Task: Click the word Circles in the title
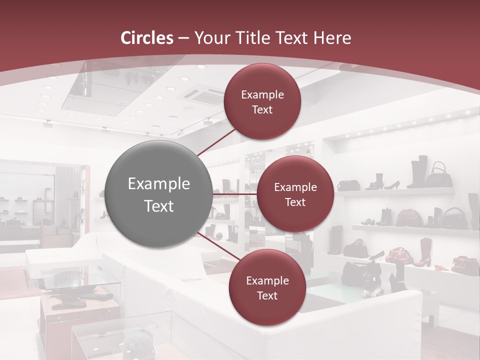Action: pos(147,38)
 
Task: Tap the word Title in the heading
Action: pos(249,38)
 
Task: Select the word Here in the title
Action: pos(332,38)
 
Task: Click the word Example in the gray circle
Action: pos(159,184)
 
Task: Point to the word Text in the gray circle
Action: pos(159,206)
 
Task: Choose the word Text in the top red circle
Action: pos(262,110)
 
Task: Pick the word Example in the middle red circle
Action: pos(295,187)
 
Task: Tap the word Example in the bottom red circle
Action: pos(267,281)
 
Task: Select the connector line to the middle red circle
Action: pos(235,193)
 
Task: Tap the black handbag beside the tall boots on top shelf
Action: pos(439,174)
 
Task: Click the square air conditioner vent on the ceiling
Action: pos(203,95)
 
